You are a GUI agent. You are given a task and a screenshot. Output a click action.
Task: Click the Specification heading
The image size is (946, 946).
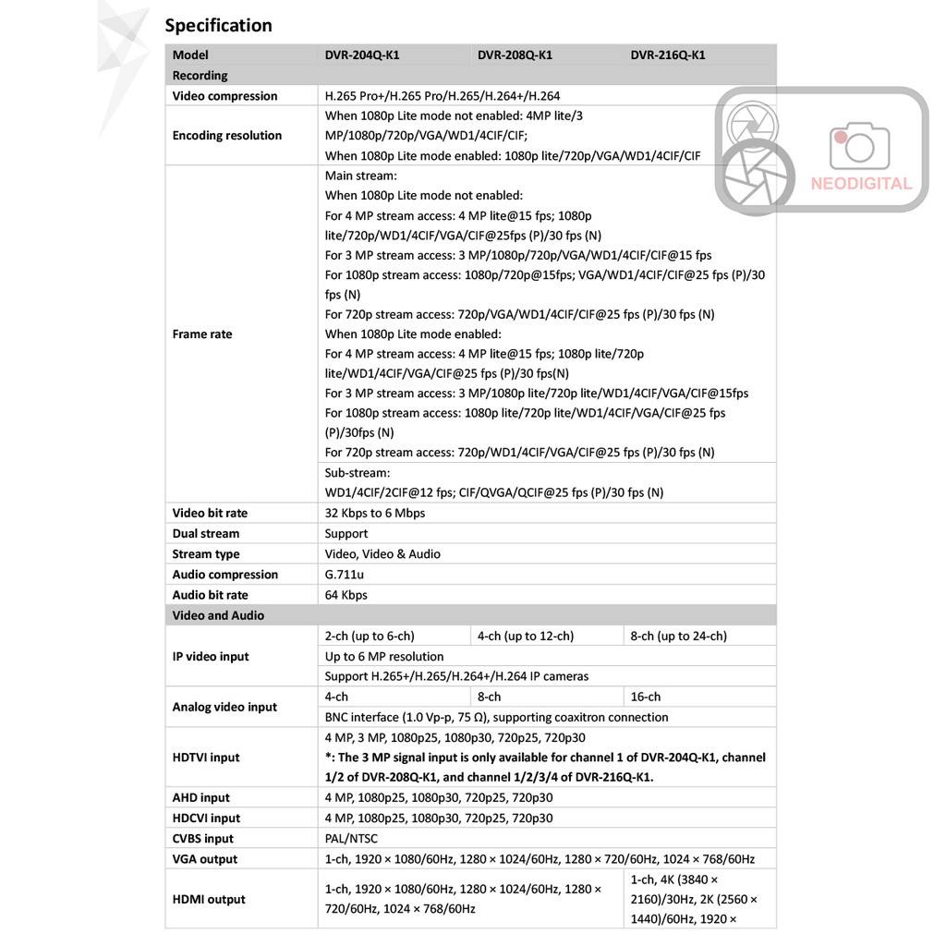218,25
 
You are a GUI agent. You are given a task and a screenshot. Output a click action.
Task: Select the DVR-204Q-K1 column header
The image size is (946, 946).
362,55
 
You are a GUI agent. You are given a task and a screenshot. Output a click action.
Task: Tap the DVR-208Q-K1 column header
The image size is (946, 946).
515,55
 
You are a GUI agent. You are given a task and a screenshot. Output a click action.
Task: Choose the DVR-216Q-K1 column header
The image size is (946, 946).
668,55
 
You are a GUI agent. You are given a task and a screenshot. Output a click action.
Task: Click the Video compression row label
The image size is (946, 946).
224,96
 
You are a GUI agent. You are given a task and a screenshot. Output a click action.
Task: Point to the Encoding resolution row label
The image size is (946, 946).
226,136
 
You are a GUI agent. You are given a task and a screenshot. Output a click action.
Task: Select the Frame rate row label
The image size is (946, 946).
202,334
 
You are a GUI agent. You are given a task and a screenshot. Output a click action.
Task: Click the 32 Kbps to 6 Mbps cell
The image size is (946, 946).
375,514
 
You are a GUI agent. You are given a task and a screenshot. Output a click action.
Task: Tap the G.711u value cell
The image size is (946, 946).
345,575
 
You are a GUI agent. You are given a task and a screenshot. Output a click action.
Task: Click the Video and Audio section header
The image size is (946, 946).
218,615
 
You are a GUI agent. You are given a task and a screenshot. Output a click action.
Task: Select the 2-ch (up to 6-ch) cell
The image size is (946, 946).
370,636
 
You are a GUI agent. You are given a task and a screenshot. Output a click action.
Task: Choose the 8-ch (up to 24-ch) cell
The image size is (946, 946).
679,636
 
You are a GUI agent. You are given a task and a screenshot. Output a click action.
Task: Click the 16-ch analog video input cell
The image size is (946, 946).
646,697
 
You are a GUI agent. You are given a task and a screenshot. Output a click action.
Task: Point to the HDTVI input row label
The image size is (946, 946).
206,758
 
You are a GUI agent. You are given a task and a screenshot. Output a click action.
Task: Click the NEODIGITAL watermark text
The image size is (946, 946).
861,184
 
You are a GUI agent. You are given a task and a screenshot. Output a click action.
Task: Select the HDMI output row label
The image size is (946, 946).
209,900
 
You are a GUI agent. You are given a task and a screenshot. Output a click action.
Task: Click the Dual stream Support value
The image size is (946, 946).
346,534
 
